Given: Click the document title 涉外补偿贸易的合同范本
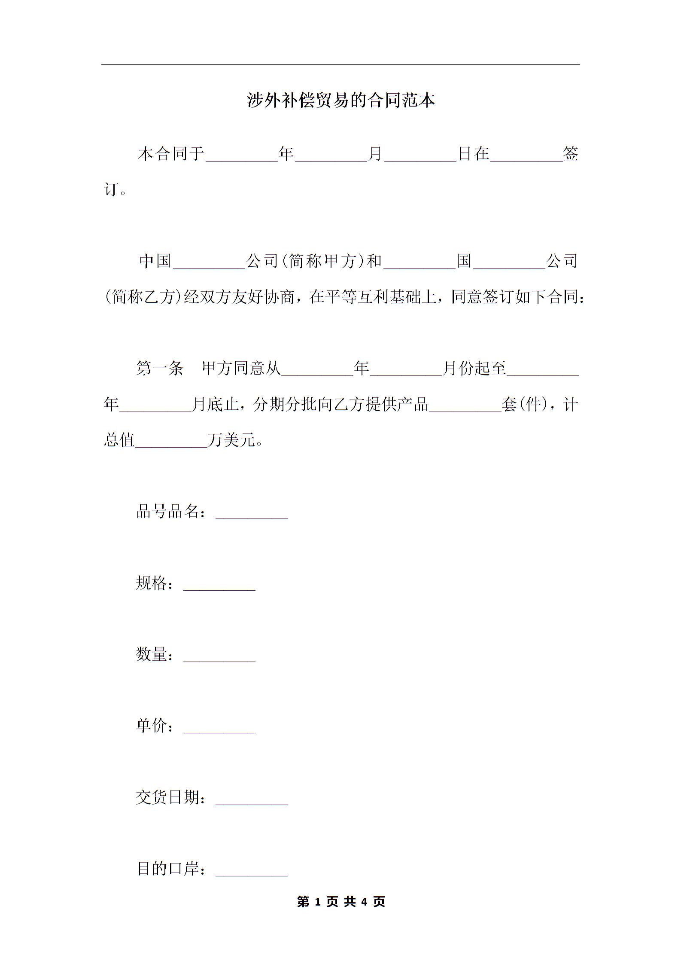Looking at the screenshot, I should click(x=341, y=101).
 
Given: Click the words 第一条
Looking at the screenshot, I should click(x=160, y=368).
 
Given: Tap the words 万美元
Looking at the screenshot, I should click(x=232, y=440).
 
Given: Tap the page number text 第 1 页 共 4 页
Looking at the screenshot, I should click(x=341, y=901).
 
